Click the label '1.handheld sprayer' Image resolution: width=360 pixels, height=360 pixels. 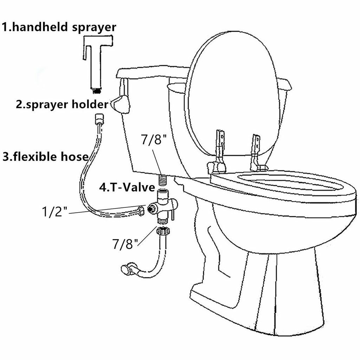pyautogui.click(x=59, y=27)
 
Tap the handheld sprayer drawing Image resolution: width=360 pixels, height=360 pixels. pyautogui.click(x=95, y=60)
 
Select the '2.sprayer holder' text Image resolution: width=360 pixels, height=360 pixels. pyautogui.click(x=62, y=104)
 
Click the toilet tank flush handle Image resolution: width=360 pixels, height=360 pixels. pyautogui.click(x=121, y=104)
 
